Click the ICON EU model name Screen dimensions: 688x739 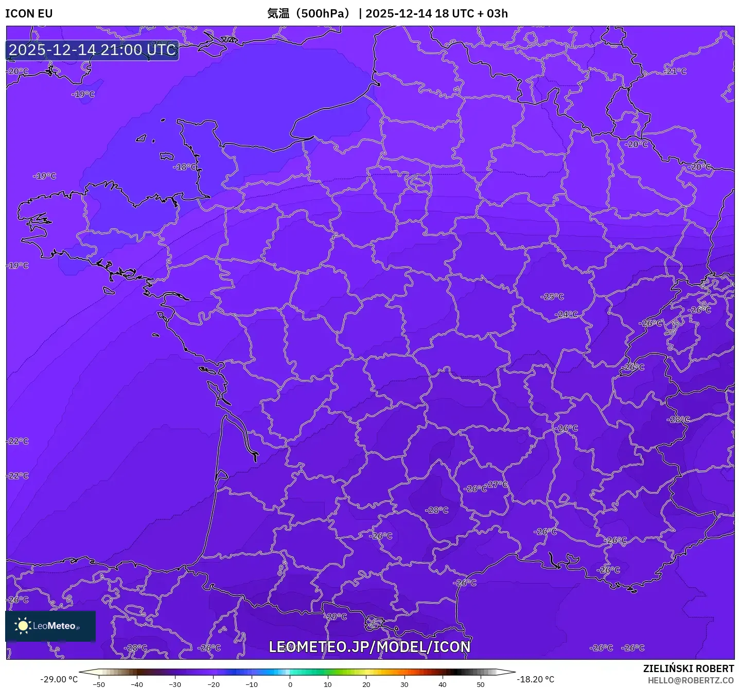[29, 13]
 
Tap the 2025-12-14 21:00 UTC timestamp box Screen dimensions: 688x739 [93, 50]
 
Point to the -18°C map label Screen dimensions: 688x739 [185, 167]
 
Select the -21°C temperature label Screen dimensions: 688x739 [675, 71]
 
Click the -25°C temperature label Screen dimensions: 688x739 [552, 297]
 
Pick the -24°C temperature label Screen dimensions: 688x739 [566, 314]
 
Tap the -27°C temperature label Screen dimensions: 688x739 [497, 484]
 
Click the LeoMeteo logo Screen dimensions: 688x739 [50, 626]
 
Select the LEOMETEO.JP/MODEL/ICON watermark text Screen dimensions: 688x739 [369, 647]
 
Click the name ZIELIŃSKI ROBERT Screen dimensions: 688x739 [689, 668]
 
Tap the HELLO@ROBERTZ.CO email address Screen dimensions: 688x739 [691, 680]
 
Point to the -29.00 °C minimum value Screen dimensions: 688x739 [59, 679]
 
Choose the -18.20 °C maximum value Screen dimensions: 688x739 [535, 679]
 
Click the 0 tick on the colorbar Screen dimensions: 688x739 [290, 684]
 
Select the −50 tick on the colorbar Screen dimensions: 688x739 [98, 684]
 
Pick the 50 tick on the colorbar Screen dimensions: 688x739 [481, 684]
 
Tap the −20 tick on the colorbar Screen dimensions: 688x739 [213, 684]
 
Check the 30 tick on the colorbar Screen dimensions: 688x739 [404, 684]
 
